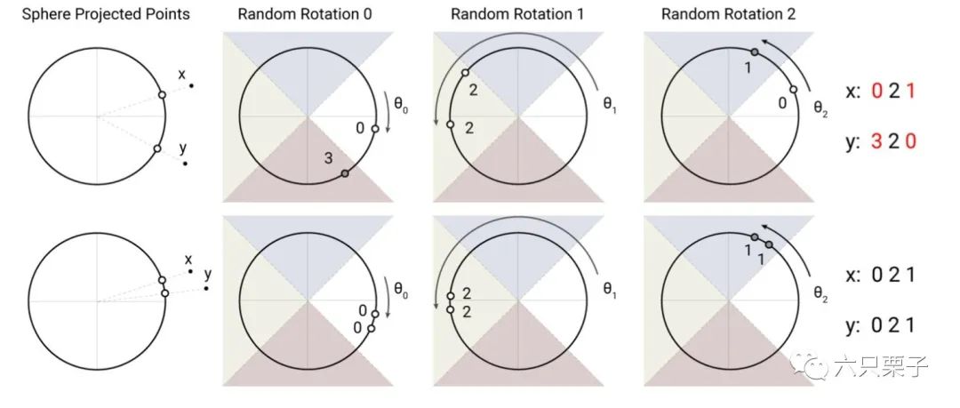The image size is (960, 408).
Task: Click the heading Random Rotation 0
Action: pos(305,14)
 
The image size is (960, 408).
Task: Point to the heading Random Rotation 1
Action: pos(517,14)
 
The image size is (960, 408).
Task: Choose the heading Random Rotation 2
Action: pos(729,14)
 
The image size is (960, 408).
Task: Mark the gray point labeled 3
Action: pos(345,174)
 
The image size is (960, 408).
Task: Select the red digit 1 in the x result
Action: pos(910,92)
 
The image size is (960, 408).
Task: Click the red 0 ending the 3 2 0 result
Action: pos(910,142)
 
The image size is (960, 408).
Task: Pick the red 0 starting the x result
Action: pos(876,92)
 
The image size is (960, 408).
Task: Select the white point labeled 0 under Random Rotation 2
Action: pos(793,90)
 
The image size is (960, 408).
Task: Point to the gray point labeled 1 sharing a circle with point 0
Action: pos(755,52)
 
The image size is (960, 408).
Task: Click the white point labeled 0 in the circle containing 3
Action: pos(375,129)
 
